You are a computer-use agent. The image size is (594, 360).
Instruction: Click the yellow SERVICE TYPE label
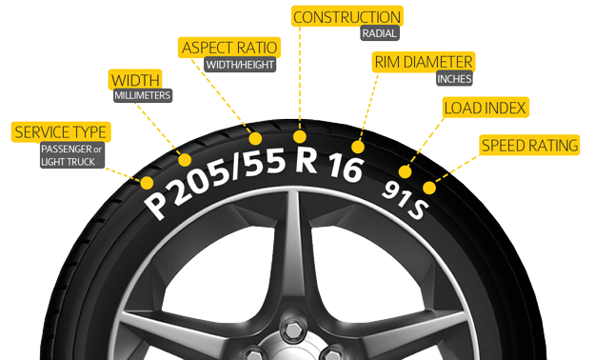pyautogui.click(x=59, y=131)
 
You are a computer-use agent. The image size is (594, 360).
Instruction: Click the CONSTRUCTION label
pyautogui.click(x=346, y=17)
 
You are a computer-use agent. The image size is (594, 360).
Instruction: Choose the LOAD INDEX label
pyautogui.click(x=485, y=107)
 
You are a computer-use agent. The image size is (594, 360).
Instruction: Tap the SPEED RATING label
pyautogui.click(x=529, y=146)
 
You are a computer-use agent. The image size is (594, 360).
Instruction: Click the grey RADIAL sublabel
pyautogui.click(x=379, y=33)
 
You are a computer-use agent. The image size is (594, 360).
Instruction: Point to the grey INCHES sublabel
pyautogui.click(x=454, y=79)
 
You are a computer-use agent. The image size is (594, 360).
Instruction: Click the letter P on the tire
pyautogui.click(x=153, y=202)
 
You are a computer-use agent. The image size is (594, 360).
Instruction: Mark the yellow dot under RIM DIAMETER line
pyautogui.click(x=359, y=148)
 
